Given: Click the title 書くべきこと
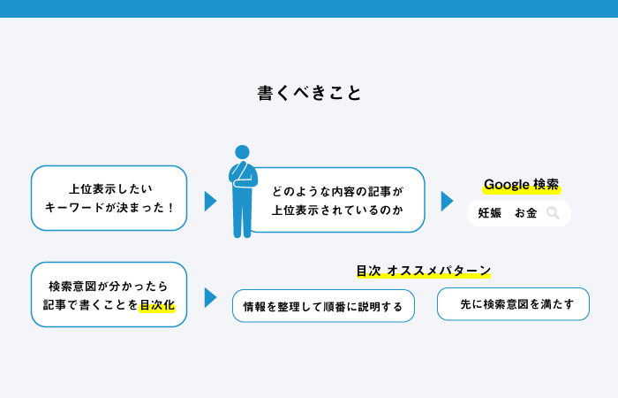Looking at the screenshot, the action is pos(309,93).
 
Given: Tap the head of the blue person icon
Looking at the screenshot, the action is pos(242,152).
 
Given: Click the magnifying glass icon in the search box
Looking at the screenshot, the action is pos(553,213).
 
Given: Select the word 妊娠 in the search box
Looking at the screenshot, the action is pos(489,213).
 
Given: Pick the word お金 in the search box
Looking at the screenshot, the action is pos(526,213).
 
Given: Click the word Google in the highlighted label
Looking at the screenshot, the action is pos(507,184).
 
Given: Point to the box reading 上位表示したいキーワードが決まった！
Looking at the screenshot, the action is pos(109,198).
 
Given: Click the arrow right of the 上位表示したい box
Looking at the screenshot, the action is pos(210,202).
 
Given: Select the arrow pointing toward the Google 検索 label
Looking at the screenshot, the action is pos(447,202).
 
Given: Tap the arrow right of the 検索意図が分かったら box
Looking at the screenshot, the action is pos(210,298).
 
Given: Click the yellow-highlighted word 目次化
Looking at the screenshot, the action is pos(157,305).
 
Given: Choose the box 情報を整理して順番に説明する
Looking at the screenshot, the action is pos(323,306).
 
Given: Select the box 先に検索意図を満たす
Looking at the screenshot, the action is pos(513,304).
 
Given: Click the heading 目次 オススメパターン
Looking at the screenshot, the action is pos(424,271).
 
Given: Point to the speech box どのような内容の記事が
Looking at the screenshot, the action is pos(337,200).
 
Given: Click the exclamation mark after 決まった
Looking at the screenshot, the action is pos(170,208).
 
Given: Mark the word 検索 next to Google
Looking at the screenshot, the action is pos(546,184).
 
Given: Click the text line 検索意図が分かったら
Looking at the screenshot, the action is pos(109,286).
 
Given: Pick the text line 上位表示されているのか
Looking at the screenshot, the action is pos(337,210).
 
